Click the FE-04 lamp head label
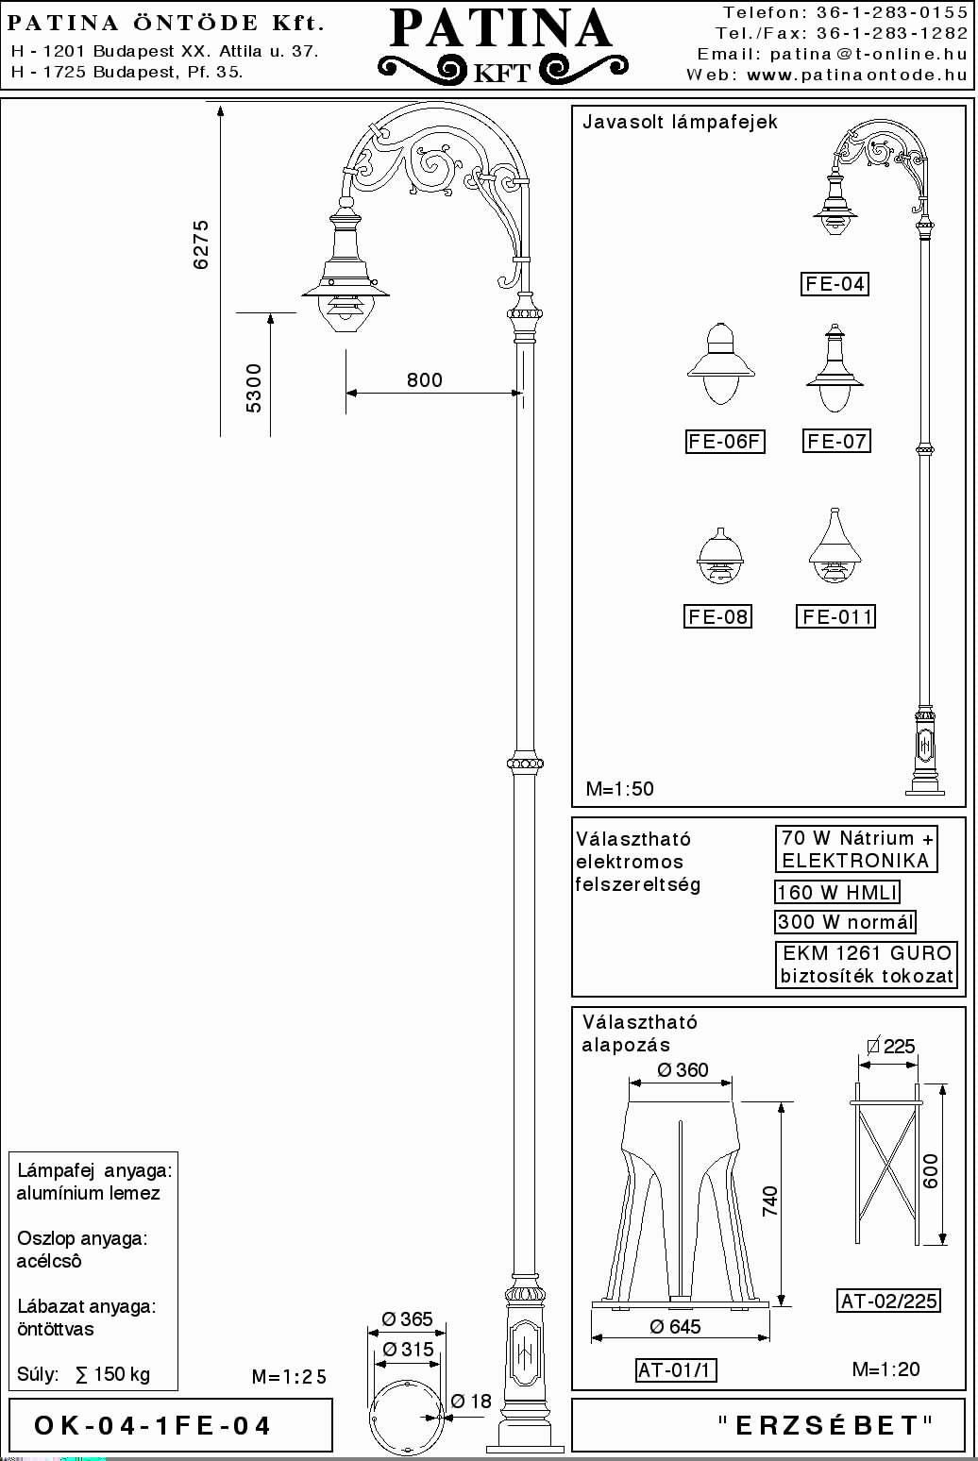[835, 284]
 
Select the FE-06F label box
[725, 442]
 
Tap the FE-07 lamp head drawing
[835, 368]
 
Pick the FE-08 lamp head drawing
[719, 555]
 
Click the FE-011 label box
[835, 616]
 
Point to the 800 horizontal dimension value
[425, 380]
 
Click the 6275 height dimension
[201, 243]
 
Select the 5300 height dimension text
[253, 388]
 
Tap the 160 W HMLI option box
[837, 892]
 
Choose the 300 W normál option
[845, 921]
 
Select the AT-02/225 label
[888, 1301]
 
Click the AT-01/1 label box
[676, 1369]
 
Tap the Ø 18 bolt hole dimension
[471, 1401]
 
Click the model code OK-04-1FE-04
[152, 1426]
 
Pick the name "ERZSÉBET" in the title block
[826, 1425]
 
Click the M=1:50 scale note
[620, 789]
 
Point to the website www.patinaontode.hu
[857, 75]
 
